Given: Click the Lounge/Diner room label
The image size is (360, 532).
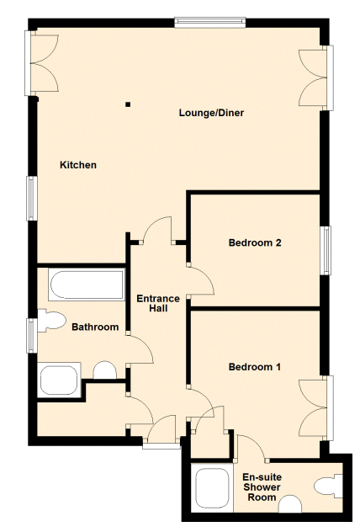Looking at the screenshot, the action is tap(211, 113).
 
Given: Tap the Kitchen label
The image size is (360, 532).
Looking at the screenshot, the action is tap(78, 165).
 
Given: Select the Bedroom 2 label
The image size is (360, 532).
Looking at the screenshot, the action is tap(255, 242).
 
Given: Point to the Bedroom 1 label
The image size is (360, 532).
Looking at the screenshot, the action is tap(255, 367).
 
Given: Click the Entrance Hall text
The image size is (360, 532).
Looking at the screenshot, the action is tap(158, 303).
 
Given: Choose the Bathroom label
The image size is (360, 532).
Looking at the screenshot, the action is tap(95, 327).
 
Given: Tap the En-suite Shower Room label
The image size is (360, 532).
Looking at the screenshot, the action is tap(262, 487).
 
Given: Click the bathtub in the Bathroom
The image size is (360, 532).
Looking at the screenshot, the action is tap(87, 285).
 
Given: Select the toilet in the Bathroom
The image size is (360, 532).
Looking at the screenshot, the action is tap(51, 320).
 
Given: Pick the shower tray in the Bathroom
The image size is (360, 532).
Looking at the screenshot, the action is tap(59, 380).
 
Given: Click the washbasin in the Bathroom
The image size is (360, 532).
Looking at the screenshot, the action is tap(105, 370).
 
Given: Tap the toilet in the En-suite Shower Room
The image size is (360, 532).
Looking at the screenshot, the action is tap(328, 486).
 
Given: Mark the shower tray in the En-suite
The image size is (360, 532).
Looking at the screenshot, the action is tap(212, 488).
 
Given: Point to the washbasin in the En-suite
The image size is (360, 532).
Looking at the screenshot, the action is tap(290, 504).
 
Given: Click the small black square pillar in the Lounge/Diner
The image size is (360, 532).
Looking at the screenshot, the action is tap(128, 104).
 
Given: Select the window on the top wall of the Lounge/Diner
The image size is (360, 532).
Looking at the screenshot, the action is tap(209, 23).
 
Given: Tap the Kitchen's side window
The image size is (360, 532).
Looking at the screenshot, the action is tap(32, 198).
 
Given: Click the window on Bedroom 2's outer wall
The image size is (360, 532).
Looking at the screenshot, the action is tap(326, 250).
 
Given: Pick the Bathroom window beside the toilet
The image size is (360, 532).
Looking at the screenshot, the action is tap(32, 336).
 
